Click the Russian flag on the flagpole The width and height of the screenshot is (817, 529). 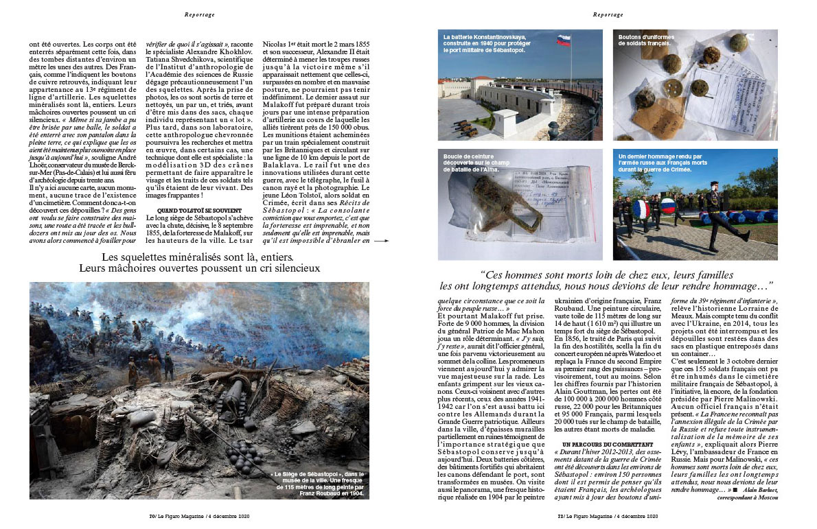[x=564, y=40]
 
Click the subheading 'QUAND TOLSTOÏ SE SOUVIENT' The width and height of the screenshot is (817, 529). [x=198, y=210]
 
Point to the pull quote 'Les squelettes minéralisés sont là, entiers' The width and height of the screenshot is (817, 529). [x=199, y=262]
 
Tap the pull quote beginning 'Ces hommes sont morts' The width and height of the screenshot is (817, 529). [x=607, y=279]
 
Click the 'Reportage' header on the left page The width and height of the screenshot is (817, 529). [x=200, y=14]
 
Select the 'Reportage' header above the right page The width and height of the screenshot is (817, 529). [x=608, y=14]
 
